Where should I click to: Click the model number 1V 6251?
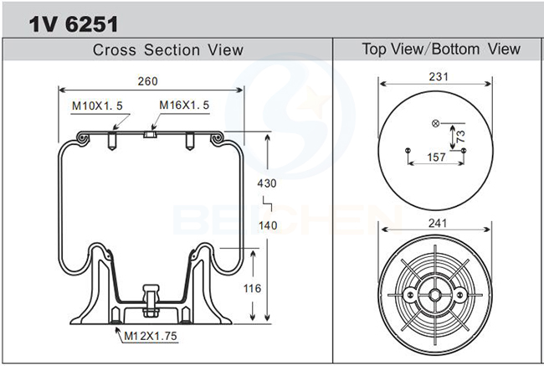[x=74, y=24]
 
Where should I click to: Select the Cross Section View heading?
[x=167, y=49]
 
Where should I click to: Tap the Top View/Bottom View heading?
[x=441, y=49]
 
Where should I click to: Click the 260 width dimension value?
[x=148, y=81]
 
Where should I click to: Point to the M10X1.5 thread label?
[x=97, y=106]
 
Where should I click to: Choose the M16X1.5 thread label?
[x=184, y=105]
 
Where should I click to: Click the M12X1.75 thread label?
[x=151, y=336]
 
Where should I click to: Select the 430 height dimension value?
[x=267, y=183]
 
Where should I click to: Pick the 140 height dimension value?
[x=268, y=225]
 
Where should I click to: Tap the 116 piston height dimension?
[x=252, y=288]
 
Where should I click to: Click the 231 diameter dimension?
[x=439, y=76]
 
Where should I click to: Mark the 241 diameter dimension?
[x=438, y=223]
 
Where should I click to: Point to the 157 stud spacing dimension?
[x=436, y=157]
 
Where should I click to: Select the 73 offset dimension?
[x=461, y=137]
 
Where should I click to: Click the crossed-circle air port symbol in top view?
[x=436, y=123]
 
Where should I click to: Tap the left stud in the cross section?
[x=111, y=141]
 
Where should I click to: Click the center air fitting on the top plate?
[x=150, y=134]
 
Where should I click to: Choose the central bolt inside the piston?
[x=151, y=301]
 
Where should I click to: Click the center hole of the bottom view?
[x=435, y=295]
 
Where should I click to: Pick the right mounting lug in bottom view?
[x=460, y=295]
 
